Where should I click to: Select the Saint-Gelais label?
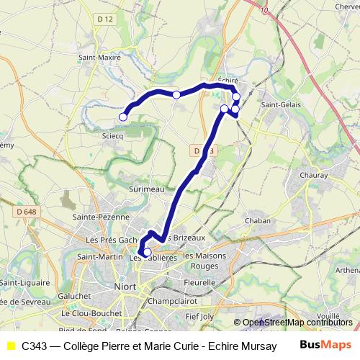tap(281, 106)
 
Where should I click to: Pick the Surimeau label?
tap(146, 188)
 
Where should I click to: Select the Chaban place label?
tap(258, 220)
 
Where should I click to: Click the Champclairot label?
tap(173, 301)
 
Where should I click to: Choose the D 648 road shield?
tap(24, 211)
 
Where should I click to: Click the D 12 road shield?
tap(107, 18)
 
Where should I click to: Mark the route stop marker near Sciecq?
tap(123, 117)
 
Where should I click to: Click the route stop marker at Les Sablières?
tap(147, 252)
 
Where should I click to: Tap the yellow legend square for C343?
tap(10, 346)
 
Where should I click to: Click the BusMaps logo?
tap(325, 345)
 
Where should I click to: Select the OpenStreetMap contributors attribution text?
tap(297, 323)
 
